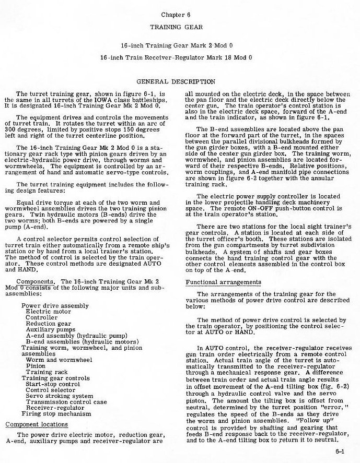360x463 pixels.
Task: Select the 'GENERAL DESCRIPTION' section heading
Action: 176,81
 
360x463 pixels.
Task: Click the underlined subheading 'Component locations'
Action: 32,424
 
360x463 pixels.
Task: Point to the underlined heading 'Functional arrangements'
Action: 223,282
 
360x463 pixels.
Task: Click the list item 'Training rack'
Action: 47,372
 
